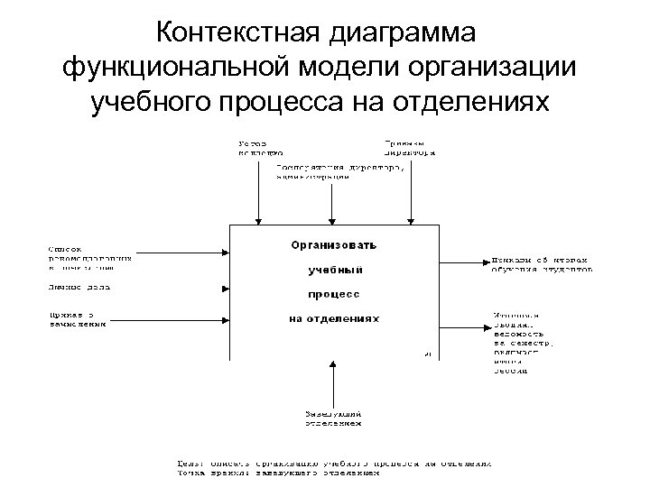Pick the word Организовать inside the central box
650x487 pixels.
coord(333,244)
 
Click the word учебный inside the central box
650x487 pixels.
coord(335,270)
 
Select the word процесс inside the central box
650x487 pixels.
coord(335,294)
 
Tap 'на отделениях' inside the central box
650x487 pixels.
coord(334,318)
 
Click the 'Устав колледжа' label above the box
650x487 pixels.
coord(259,147)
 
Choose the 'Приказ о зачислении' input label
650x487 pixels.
coord(76,319)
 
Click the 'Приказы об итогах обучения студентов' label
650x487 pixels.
coord(542,262)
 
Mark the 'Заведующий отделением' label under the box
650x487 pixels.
coord(333,417)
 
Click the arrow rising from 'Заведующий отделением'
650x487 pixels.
coord(333,383)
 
